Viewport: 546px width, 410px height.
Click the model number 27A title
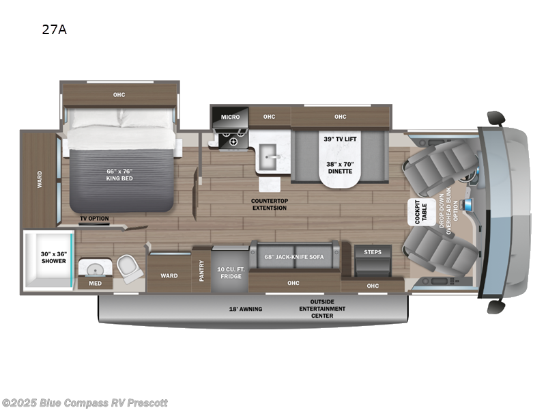point(57,29)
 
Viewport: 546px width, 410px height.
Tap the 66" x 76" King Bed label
point(119,174)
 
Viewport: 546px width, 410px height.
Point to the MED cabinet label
point(94,283)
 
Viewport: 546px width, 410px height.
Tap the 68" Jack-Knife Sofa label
point(294,257)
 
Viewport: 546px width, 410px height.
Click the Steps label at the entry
point(373,252)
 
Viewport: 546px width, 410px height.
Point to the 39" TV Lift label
point(340,139)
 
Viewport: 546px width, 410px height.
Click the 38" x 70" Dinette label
point(339,168)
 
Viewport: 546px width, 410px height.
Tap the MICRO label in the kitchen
point(230,117)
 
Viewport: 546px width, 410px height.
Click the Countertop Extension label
point(269,204)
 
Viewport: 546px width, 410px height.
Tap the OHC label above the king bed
point(119,94)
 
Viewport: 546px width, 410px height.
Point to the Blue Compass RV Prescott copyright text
point(85,403)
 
